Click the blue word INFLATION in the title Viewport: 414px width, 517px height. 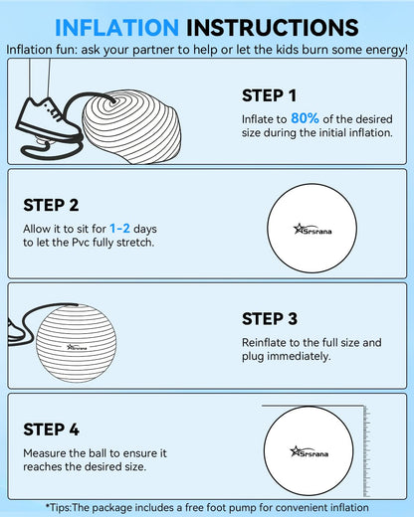pos(116,27)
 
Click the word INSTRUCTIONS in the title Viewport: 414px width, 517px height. pos(273,27)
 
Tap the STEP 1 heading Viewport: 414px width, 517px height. pos(269,95)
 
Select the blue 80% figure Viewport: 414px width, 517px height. pos(305,118)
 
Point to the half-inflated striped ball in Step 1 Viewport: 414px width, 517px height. pos(131,127)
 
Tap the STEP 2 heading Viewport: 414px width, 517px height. pos(51,205)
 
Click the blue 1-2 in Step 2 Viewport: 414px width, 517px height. pos(119,229)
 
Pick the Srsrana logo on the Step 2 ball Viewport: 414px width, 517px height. pos(312,229)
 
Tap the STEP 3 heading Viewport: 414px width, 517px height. pos(270,319)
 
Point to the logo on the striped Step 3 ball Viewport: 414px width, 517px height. pos(77,347)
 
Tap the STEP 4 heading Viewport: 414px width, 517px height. pos(51,430)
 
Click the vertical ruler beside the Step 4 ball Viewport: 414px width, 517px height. pos(366,450)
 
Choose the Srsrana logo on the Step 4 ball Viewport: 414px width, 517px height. pos(310,451)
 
